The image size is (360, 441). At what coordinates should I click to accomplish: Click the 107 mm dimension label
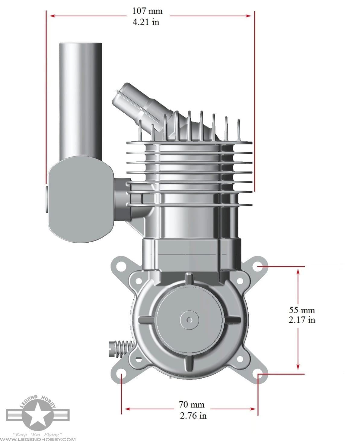click(x=147, y=11)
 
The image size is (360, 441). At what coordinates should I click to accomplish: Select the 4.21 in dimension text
click(x=146, y=22)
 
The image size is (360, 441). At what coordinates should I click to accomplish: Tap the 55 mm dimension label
click(x=301, y=310)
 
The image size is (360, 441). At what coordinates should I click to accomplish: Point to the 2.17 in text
click(x=301, y=320)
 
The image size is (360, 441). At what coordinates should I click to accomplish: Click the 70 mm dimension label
click(x=191, y=404)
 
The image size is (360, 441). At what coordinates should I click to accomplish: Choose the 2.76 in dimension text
click(x=193, y=415)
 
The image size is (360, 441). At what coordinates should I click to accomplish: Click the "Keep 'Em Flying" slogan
click(x=38, y=434)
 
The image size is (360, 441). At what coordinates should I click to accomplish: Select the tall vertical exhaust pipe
click(x=80, y=99)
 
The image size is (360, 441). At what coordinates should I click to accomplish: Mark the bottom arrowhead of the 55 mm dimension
click(x=298, y=367)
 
